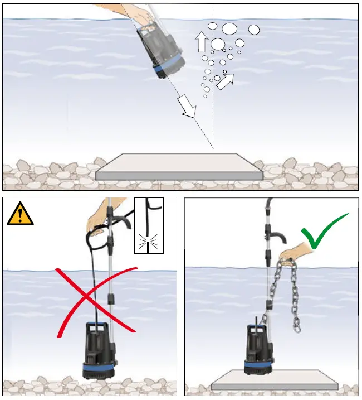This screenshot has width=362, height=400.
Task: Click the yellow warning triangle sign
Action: pyautogui.click(x=20, y=215)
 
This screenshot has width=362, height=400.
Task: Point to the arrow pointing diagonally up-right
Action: pyautogui.click(x=225, y=81)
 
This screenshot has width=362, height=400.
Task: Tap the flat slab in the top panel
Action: pyautogui.click(x=178, y=166)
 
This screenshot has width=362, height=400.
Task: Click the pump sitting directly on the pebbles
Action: pyautogui.click(x=98, y=349)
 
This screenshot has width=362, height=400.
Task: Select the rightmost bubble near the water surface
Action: pyautogui.click(x=254, y=30)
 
